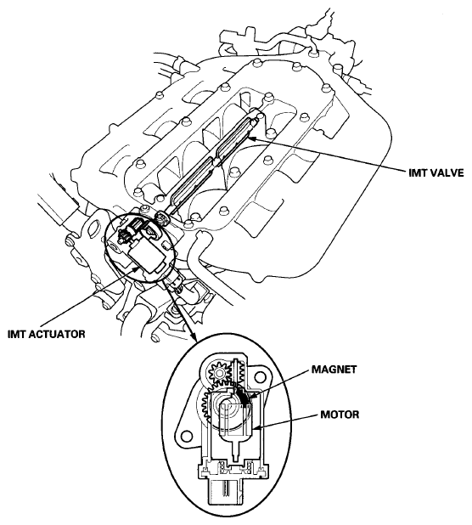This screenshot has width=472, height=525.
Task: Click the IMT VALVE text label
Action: [436, 172]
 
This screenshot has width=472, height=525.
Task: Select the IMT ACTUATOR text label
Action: [47, 334]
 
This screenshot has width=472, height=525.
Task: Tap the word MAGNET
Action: [334, 370]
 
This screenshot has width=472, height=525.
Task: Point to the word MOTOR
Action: [340, 415]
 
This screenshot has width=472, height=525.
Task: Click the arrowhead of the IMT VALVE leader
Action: [251, 138]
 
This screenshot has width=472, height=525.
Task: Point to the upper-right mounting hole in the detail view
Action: [260, 377]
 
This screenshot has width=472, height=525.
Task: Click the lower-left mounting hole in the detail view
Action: [184, 436]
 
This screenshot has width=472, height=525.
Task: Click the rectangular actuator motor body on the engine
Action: [146, 256]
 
